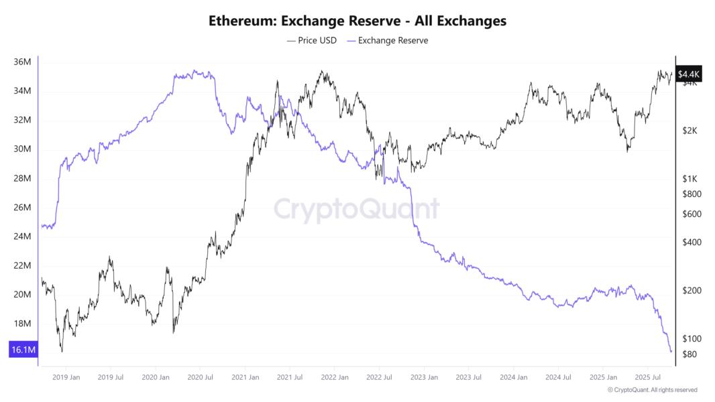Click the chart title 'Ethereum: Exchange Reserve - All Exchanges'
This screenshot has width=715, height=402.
(357, 21)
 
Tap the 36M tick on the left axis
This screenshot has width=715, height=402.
(22, 62)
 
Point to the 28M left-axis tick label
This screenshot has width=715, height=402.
(22, 178)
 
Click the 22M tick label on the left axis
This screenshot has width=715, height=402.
(22, 265)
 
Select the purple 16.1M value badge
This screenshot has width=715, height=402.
(23, 350)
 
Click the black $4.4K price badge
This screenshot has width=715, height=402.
(689, 74)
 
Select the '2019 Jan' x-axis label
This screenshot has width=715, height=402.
(66, 377)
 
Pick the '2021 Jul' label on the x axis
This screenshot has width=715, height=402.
(289, 377)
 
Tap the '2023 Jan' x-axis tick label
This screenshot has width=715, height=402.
(423, 377)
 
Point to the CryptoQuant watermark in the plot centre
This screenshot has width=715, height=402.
(356, 208)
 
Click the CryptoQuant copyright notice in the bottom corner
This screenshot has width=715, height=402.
(652, 390)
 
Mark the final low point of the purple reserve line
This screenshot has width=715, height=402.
(671, 351)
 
